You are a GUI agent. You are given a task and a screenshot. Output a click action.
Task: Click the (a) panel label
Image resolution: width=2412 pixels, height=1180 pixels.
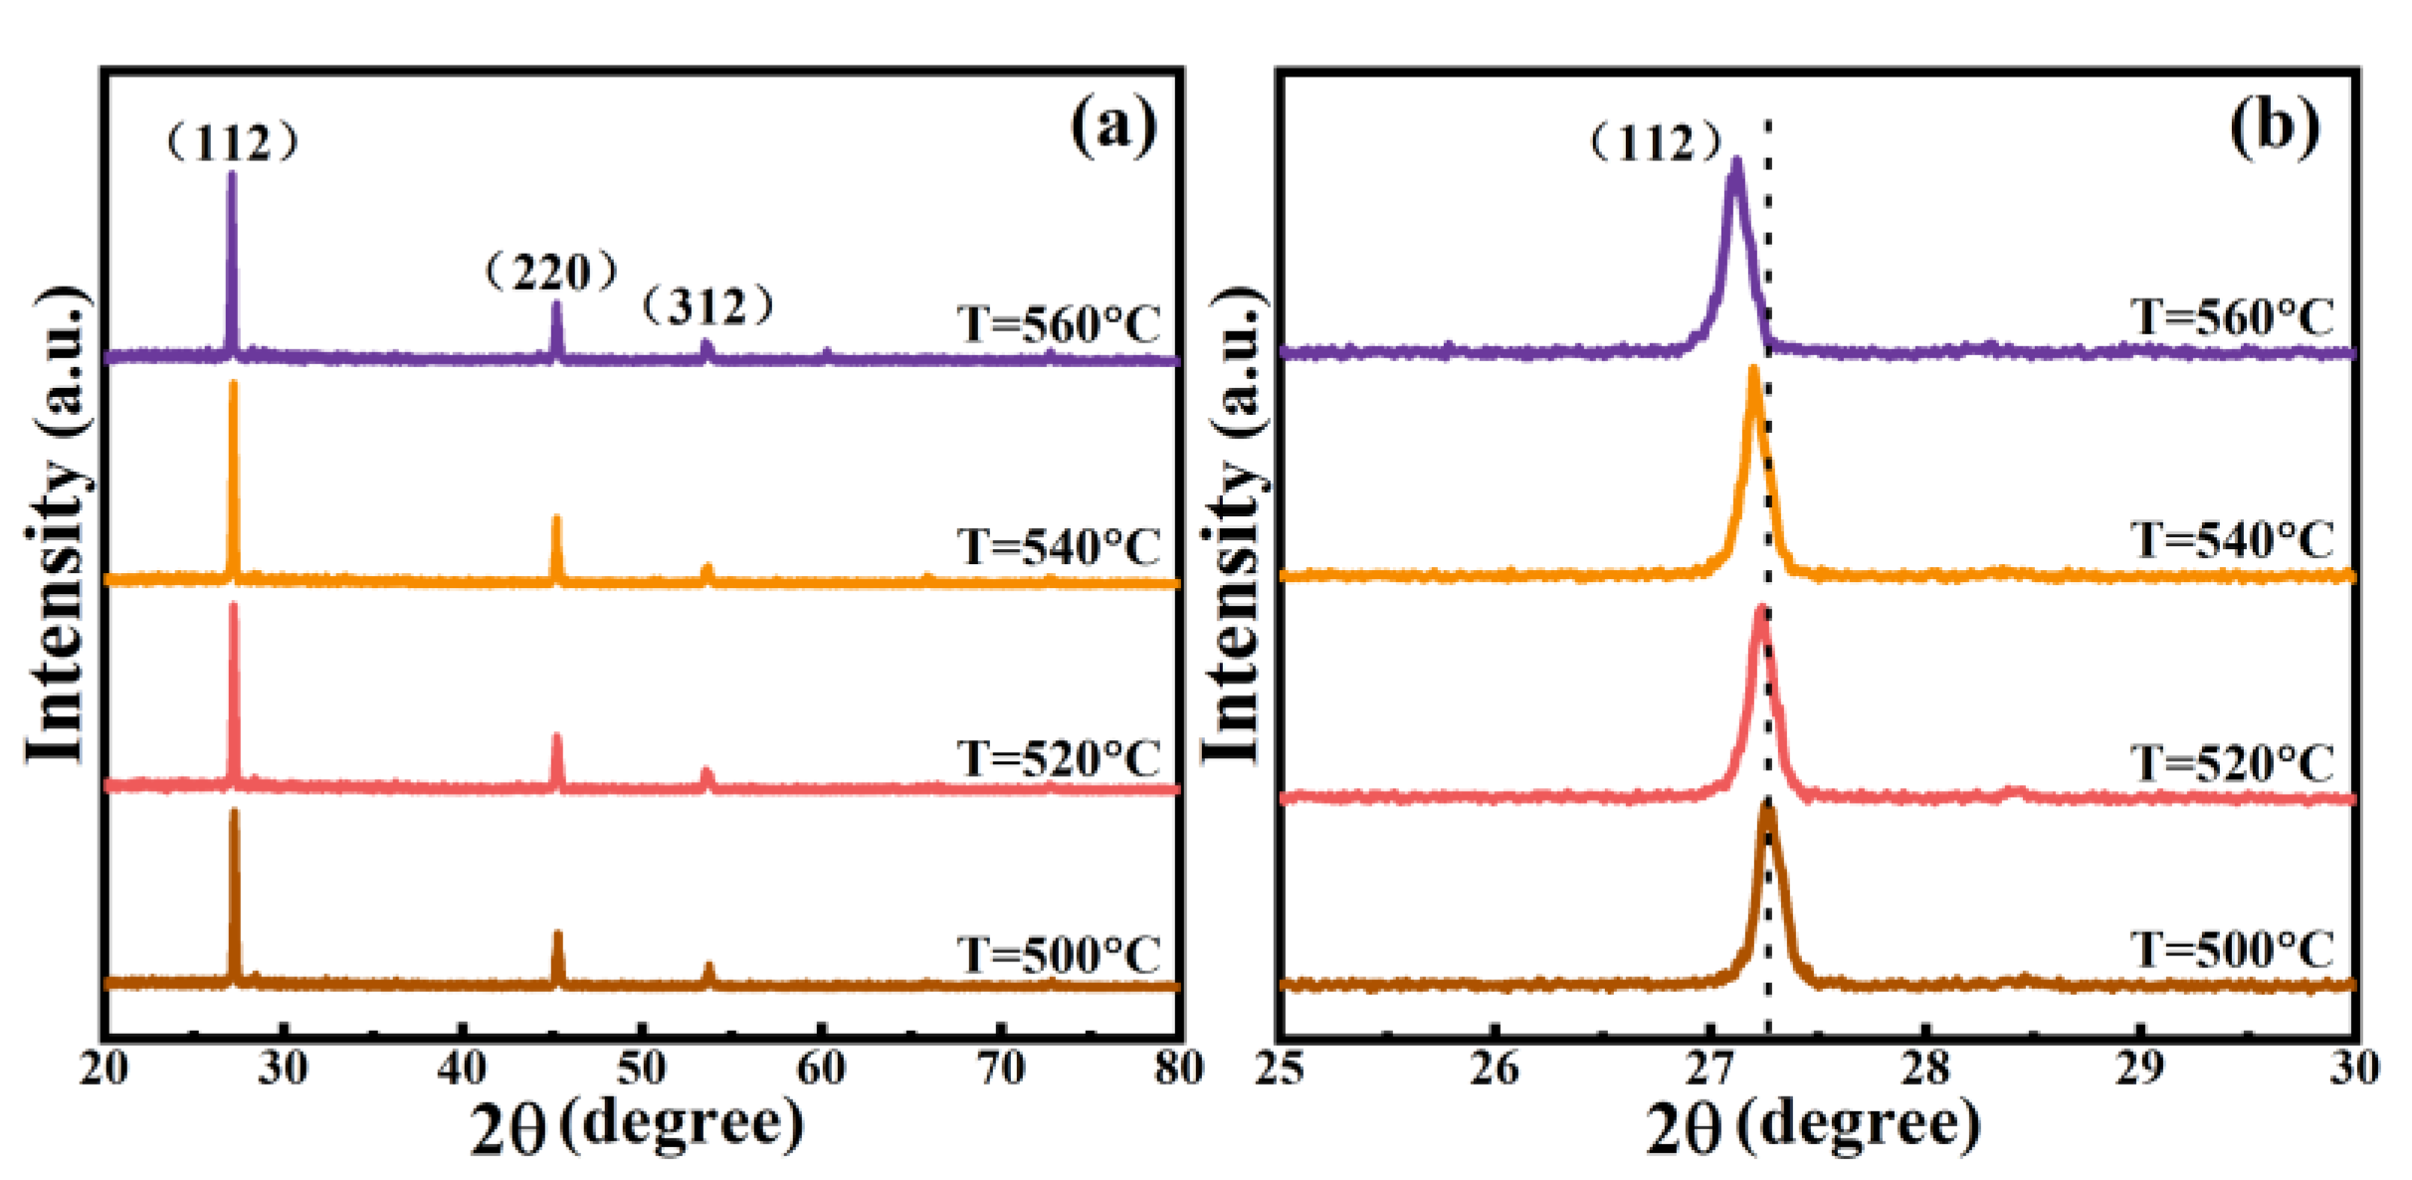coord(1113,126)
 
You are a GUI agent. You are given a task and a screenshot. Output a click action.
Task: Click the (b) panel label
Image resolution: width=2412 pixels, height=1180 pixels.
coord(2275,126)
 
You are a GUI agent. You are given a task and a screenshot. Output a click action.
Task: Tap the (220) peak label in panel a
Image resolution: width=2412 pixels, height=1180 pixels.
coord(551,272)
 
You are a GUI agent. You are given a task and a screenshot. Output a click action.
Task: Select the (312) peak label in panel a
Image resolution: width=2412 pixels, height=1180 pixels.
coord(707,305)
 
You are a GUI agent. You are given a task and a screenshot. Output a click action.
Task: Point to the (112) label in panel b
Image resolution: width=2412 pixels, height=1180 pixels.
coord(1655,143)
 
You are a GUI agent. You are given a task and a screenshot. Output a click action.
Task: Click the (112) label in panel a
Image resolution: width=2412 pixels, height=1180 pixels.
coord(232,144)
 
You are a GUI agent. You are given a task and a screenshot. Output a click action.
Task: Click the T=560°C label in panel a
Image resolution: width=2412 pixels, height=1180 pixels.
coord(1059,324)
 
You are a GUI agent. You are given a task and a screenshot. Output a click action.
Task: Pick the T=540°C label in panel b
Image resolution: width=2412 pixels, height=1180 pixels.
coord(2232,540)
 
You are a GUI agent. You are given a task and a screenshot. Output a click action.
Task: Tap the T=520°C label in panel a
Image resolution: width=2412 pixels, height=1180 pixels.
coord(1059,759)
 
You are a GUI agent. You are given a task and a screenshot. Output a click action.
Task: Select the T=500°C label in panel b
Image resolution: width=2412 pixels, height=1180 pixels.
coord(2232,949)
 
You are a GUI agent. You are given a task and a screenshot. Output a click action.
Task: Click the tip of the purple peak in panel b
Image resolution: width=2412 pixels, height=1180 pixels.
coord(1736,161)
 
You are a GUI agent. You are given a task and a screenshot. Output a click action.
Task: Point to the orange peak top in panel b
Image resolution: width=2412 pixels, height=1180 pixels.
coord(1753,371)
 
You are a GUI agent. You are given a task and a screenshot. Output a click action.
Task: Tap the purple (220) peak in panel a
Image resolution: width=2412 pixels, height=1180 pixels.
coord(556,304)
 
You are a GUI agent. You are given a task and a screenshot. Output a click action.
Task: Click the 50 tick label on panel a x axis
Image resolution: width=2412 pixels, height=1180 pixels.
coord(642,1069)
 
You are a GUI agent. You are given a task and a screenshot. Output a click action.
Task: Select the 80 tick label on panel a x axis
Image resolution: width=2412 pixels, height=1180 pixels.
coord(1179,1069)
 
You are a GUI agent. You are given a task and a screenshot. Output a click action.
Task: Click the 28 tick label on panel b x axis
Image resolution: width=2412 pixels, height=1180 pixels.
coord(1924,1069)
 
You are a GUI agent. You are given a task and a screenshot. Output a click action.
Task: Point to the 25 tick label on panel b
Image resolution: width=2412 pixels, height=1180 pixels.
coord(1280,1069)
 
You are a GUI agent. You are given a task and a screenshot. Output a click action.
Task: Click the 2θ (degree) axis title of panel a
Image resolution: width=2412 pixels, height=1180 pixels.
coord(637,1127)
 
